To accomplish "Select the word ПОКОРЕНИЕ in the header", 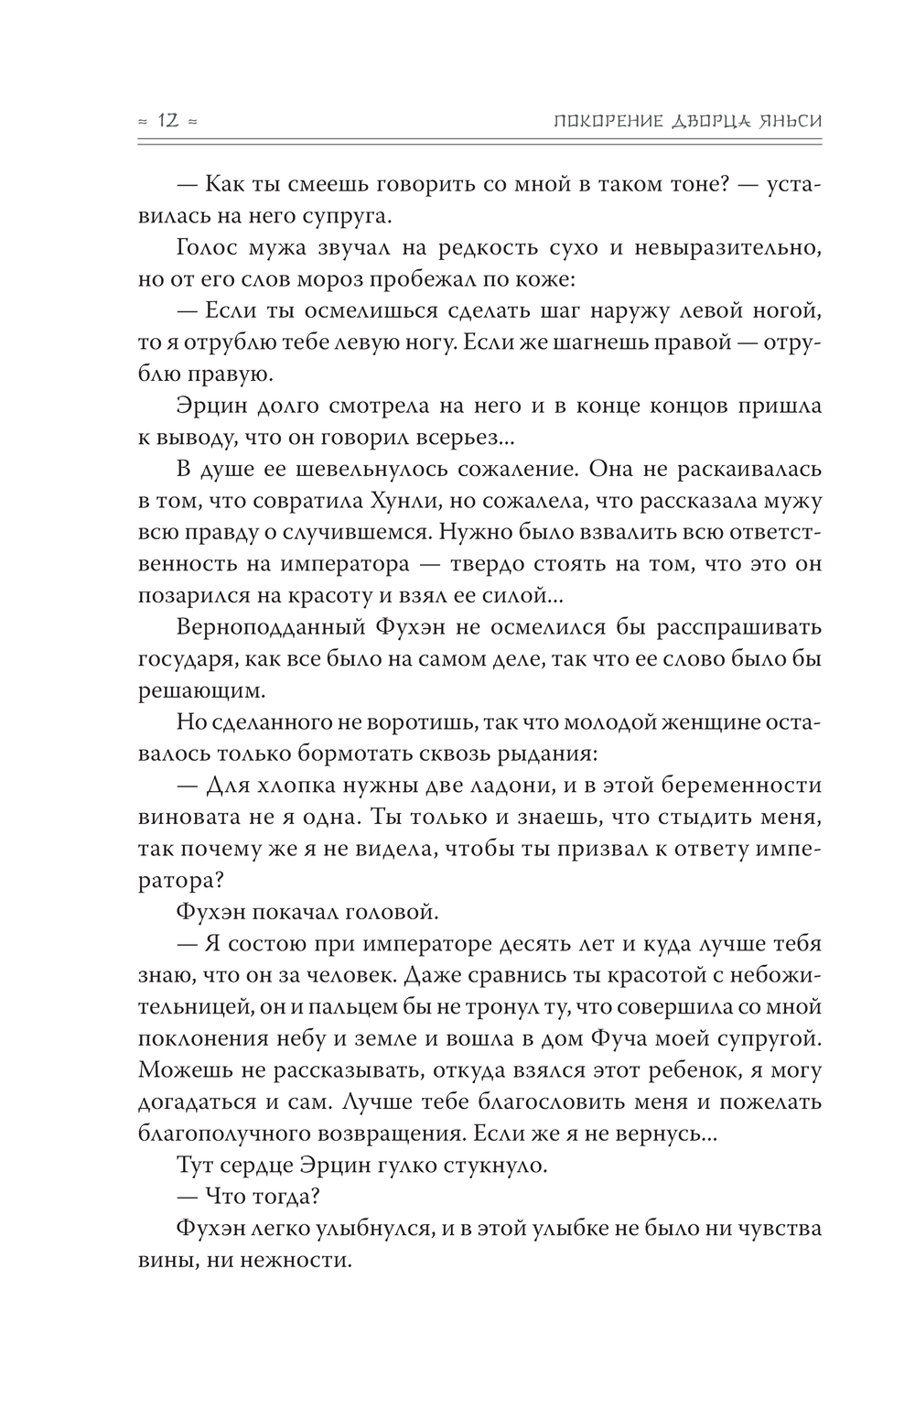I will [x=586, y=121].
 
